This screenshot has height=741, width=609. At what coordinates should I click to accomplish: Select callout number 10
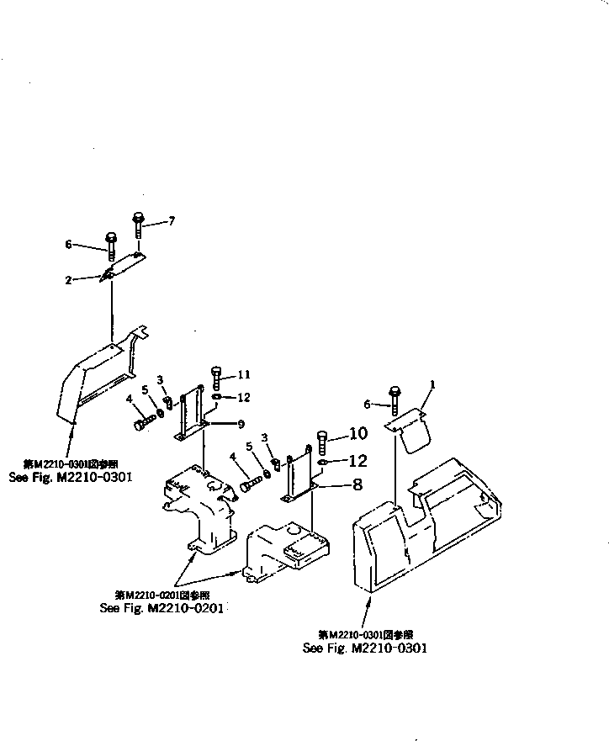pyautogui.click(x=357, y=434)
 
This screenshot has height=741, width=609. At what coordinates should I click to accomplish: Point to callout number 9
pyautogui.click(x=240, y=422)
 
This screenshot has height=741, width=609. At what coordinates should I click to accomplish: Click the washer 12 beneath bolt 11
pyautogui.click(x=217, y=396)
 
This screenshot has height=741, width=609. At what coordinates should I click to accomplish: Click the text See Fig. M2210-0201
pyautogui.click(x=163, y=606)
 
